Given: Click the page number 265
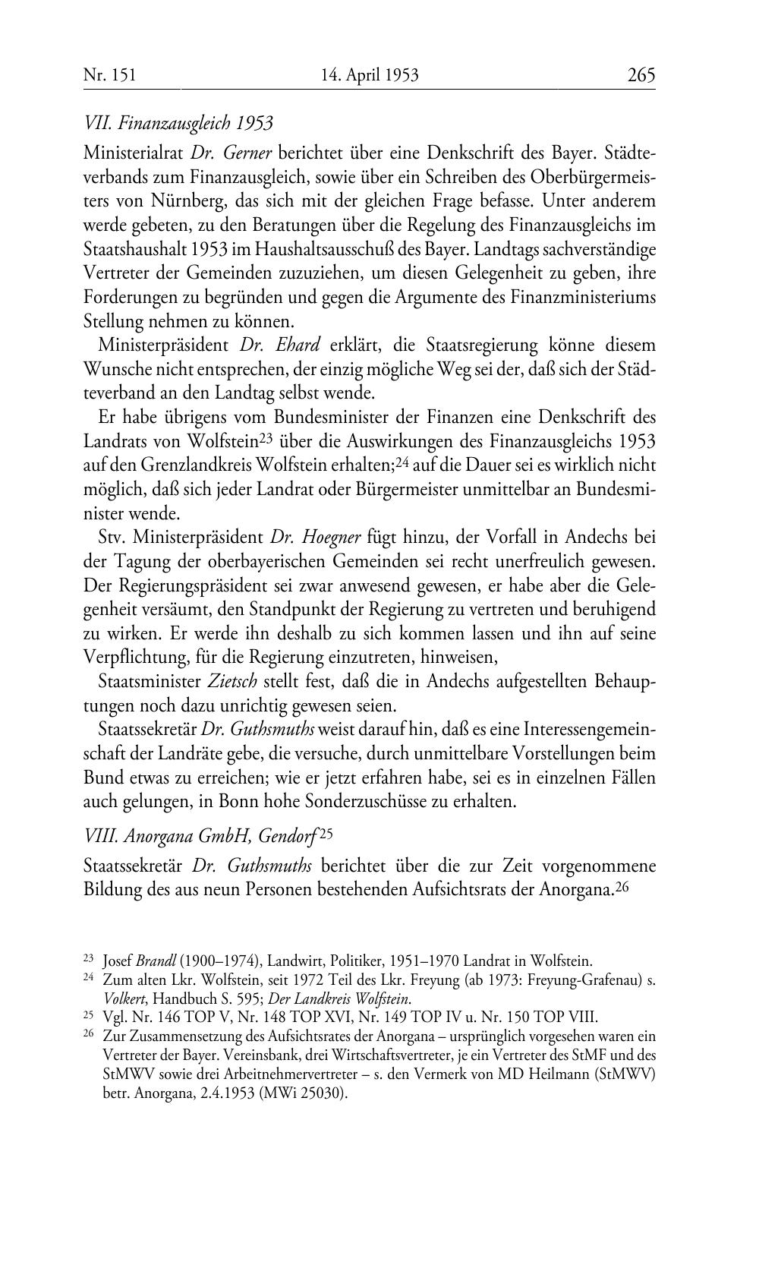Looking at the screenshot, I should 641,74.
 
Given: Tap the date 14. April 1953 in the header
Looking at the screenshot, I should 370,74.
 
